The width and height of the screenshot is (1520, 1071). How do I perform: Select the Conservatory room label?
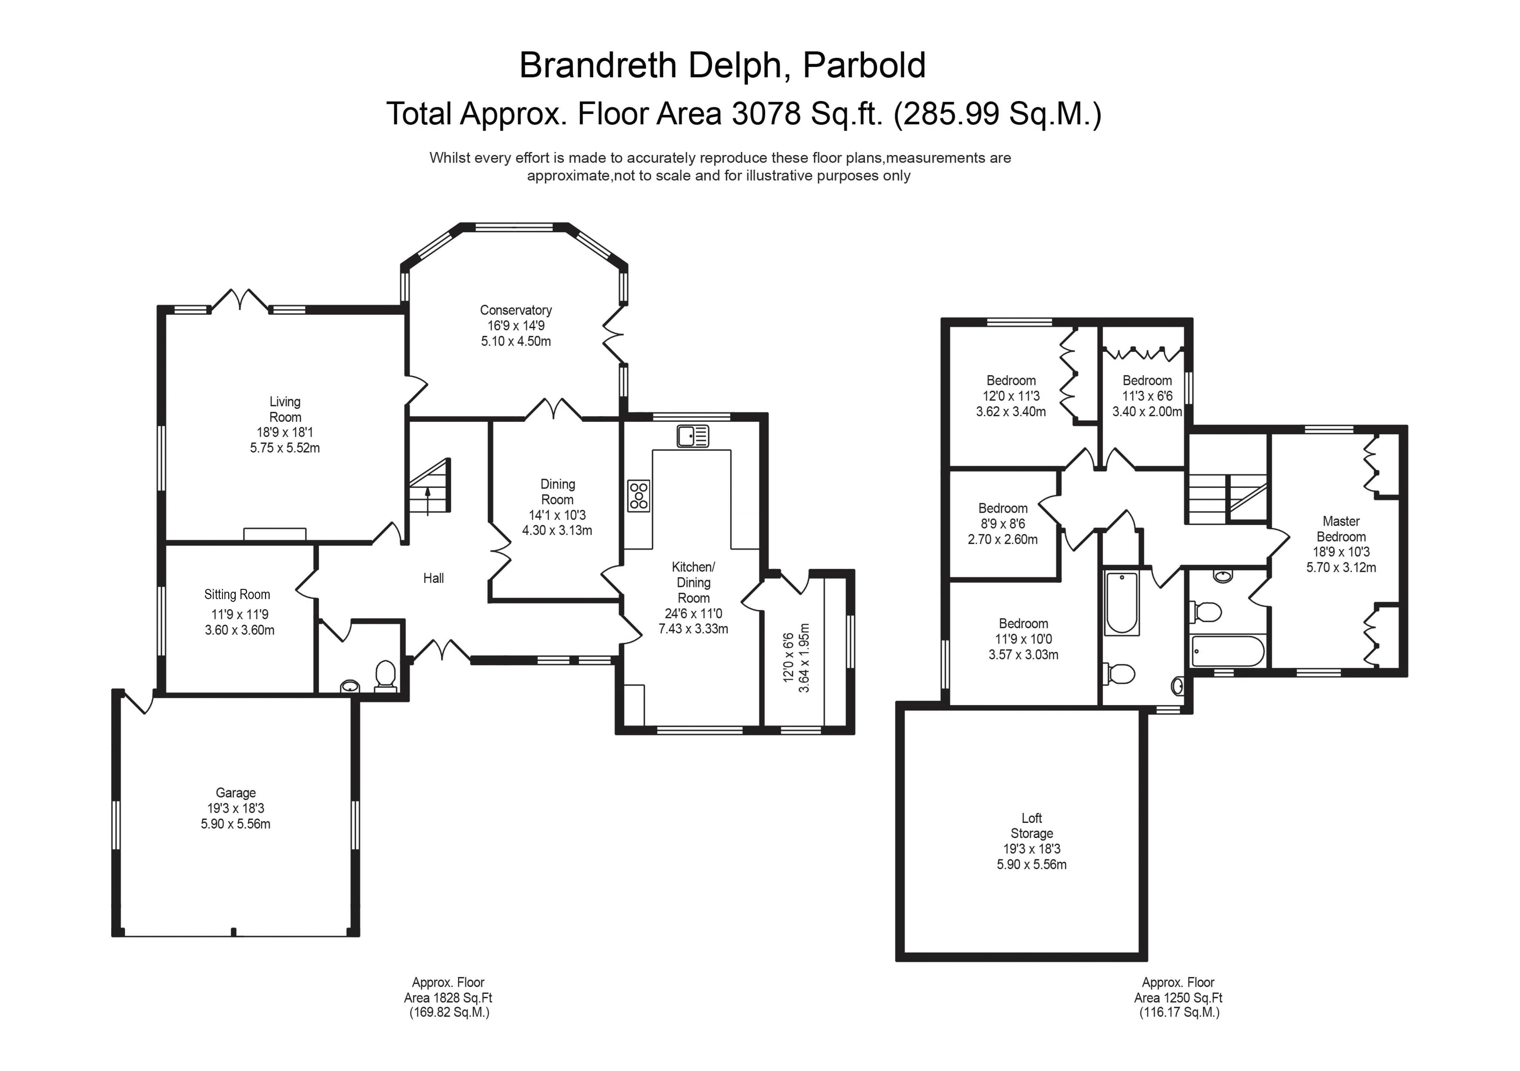coord(516,310)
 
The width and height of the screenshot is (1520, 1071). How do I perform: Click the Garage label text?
coord(236,792)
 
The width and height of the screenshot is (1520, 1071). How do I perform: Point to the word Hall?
coord(434,578)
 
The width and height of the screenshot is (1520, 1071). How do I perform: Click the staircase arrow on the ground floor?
coord(428,501)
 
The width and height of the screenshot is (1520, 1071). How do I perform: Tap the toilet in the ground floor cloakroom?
coord(385,676)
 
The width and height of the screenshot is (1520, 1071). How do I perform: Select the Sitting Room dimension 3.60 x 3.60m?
coord(240,630)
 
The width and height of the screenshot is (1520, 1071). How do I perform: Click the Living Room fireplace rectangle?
coord(275,534)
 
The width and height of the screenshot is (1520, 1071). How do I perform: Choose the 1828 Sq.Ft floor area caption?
coord(448,997)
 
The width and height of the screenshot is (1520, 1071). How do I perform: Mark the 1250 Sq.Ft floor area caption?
coord(1178,997)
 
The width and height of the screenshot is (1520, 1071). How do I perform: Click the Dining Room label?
coord(557,492)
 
